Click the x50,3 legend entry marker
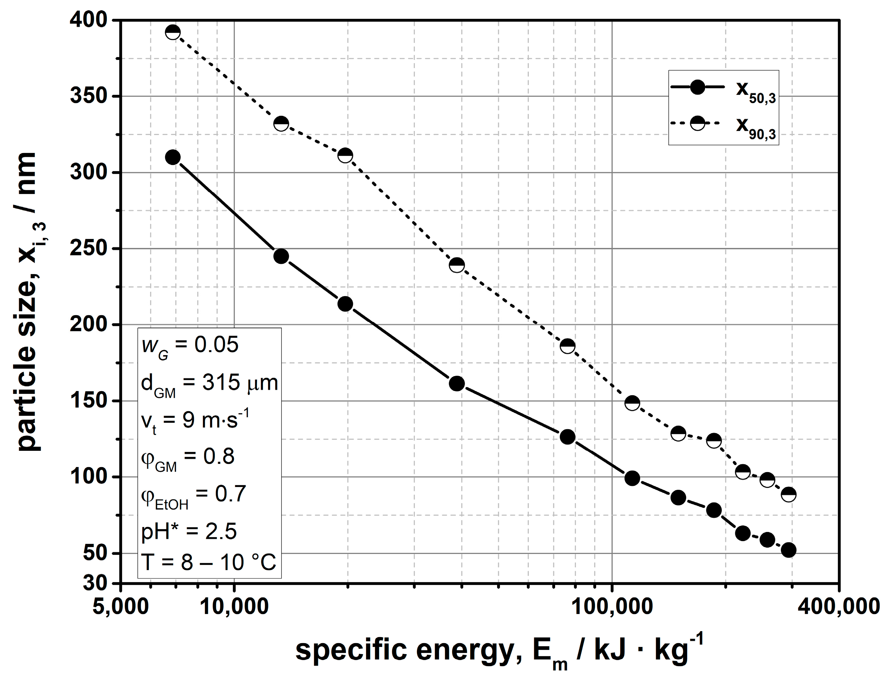coord(697,87)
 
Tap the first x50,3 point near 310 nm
coord(173,157)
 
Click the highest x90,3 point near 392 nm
coord(173,32)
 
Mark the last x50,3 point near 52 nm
coord(788,550)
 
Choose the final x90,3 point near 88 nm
coord(788,494)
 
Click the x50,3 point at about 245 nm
coord(281,256)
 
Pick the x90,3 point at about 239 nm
coord(457,265)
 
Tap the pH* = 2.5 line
coord(189,532)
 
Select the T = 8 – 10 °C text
coord(208,563)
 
